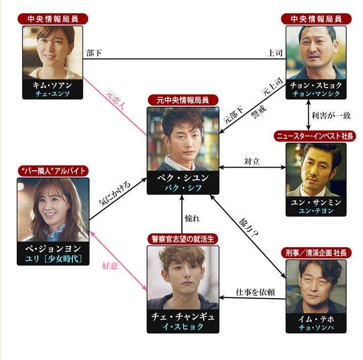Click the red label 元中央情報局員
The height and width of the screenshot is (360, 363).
183,100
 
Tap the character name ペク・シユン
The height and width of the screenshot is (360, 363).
183,178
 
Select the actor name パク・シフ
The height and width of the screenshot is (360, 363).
183,188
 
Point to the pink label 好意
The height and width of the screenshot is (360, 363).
110,265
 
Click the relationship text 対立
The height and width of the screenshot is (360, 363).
252,162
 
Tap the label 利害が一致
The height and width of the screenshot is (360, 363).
331,115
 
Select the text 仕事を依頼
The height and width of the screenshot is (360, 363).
255,292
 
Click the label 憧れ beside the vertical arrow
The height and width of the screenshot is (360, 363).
192,219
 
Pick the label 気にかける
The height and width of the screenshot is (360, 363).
115,193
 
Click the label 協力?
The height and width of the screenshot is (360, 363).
249,228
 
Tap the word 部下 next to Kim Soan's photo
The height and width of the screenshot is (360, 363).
94,53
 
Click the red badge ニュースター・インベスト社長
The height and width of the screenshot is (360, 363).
315,136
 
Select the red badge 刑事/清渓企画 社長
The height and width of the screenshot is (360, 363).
316,253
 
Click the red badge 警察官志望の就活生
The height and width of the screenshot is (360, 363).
183,239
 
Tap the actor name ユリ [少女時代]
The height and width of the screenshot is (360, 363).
53,259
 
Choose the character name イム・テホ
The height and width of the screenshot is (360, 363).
316,319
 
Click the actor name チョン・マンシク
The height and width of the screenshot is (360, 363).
316,94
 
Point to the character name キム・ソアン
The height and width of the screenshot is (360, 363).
53,85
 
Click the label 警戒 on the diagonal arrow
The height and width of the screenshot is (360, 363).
259,112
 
